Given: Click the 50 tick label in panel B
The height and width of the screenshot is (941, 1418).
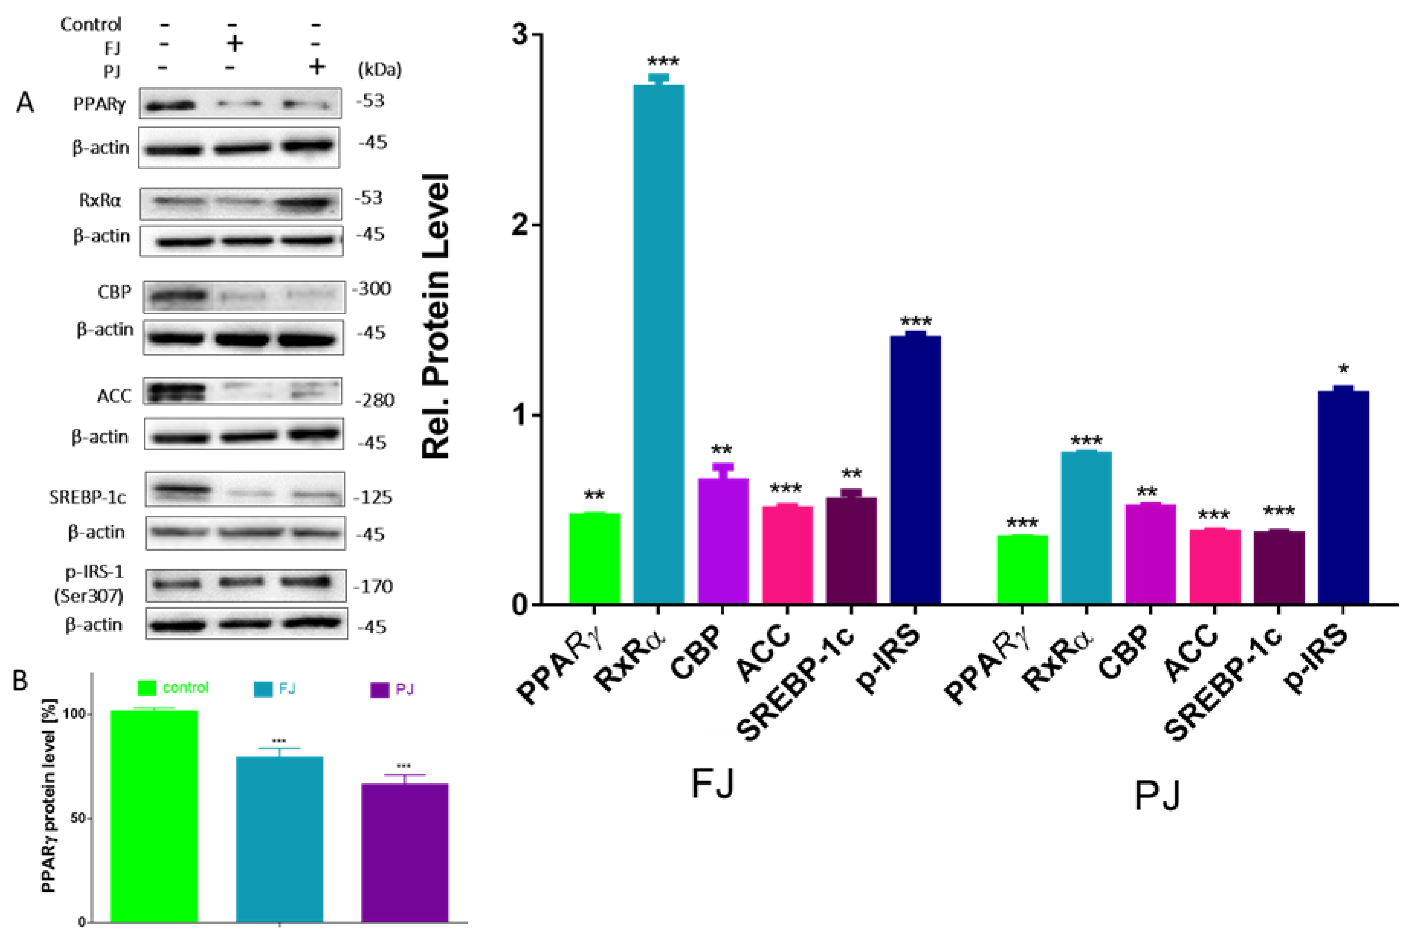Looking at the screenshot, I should (x=77, y=819).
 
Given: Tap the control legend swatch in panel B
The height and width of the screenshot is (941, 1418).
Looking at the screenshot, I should (x=147, y=688).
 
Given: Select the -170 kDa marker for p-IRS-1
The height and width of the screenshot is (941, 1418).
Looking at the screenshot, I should (x=373, y=587).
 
